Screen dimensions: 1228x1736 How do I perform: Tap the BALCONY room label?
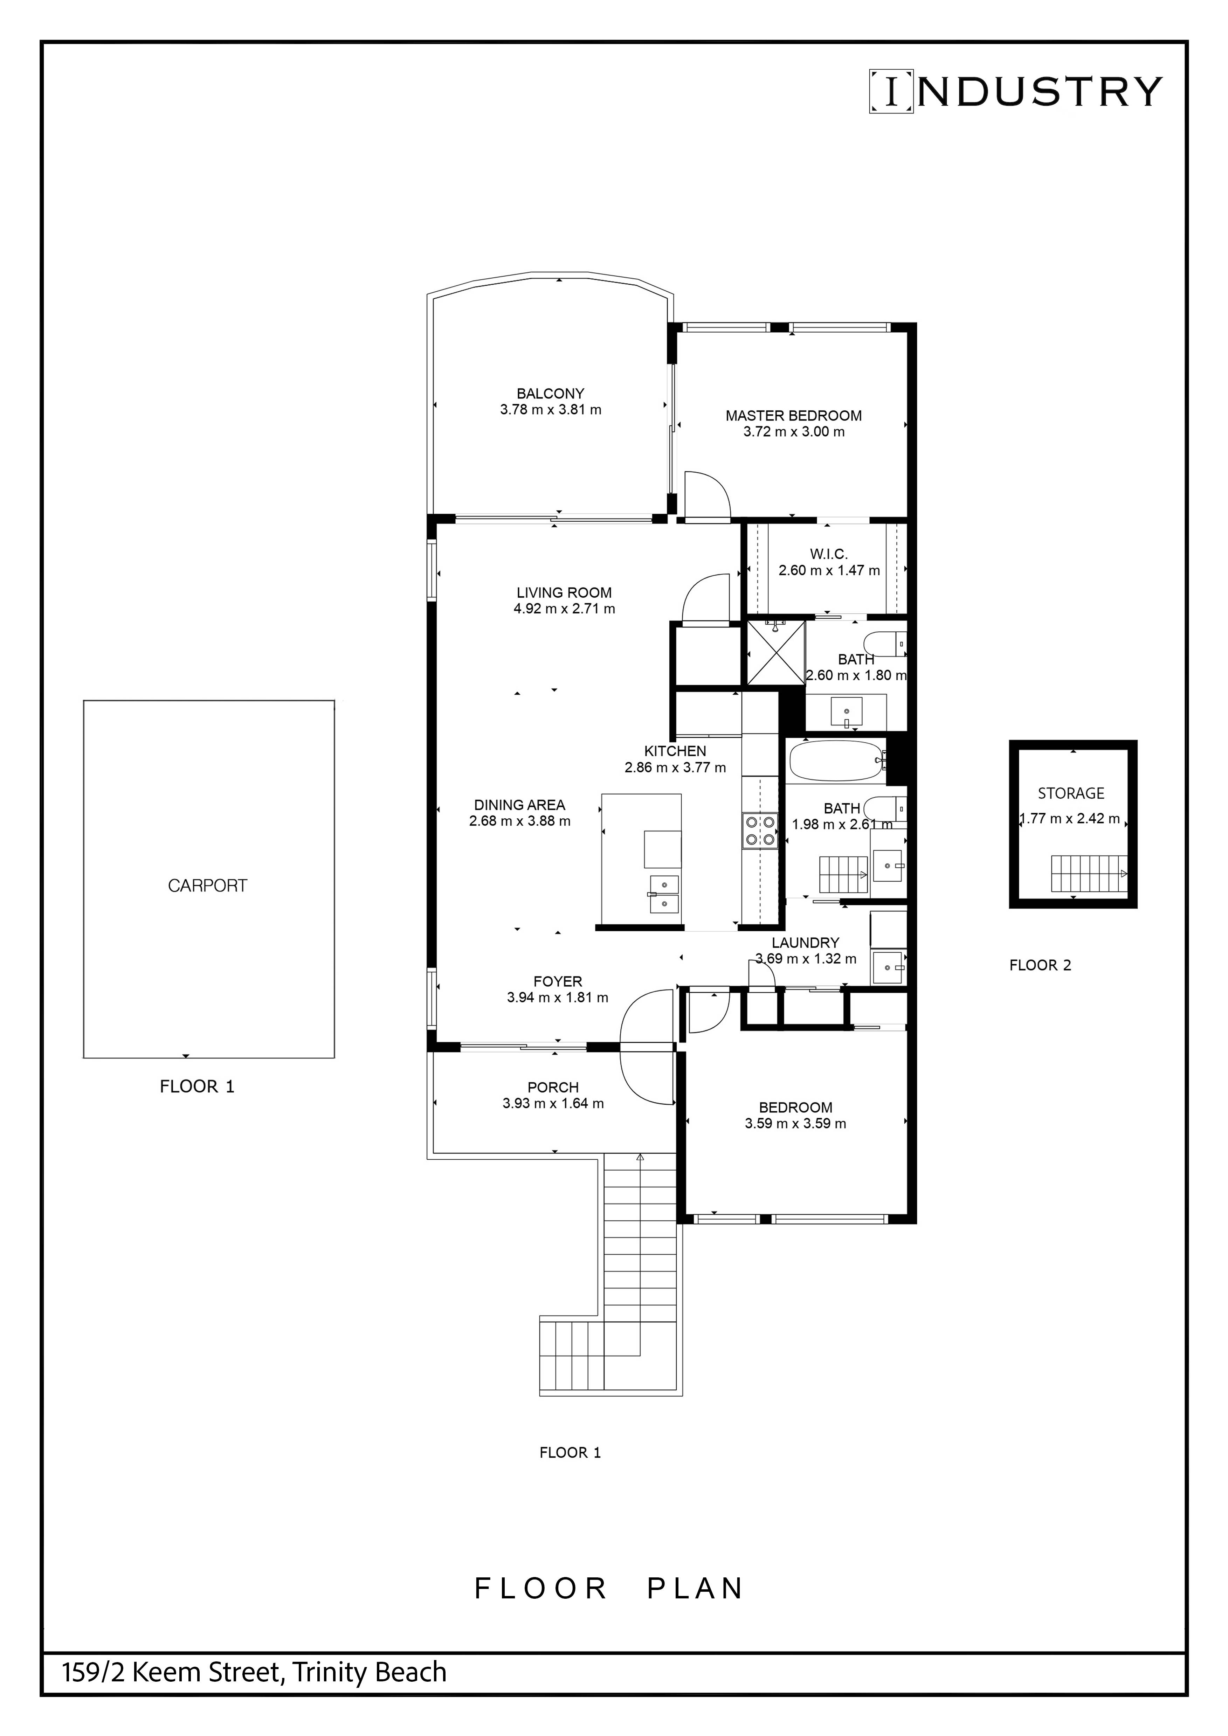tap(551, 393)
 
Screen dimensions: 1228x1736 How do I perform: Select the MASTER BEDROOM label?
tap(793, 415)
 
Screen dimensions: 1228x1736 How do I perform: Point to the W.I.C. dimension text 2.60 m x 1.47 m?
tap(829, 570)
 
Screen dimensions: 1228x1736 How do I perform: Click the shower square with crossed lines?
tap(774, 653)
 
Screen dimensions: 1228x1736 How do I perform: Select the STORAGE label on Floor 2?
tap(1071, 793)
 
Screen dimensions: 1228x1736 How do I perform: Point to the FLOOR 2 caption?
tap(1040, 965)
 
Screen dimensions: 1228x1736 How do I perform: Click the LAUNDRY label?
tap(805, 943)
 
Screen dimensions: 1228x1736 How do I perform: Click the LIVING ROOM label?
tap(564, 593)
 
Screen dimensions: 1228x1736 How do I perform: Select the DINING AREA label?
tap(519, 805)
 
